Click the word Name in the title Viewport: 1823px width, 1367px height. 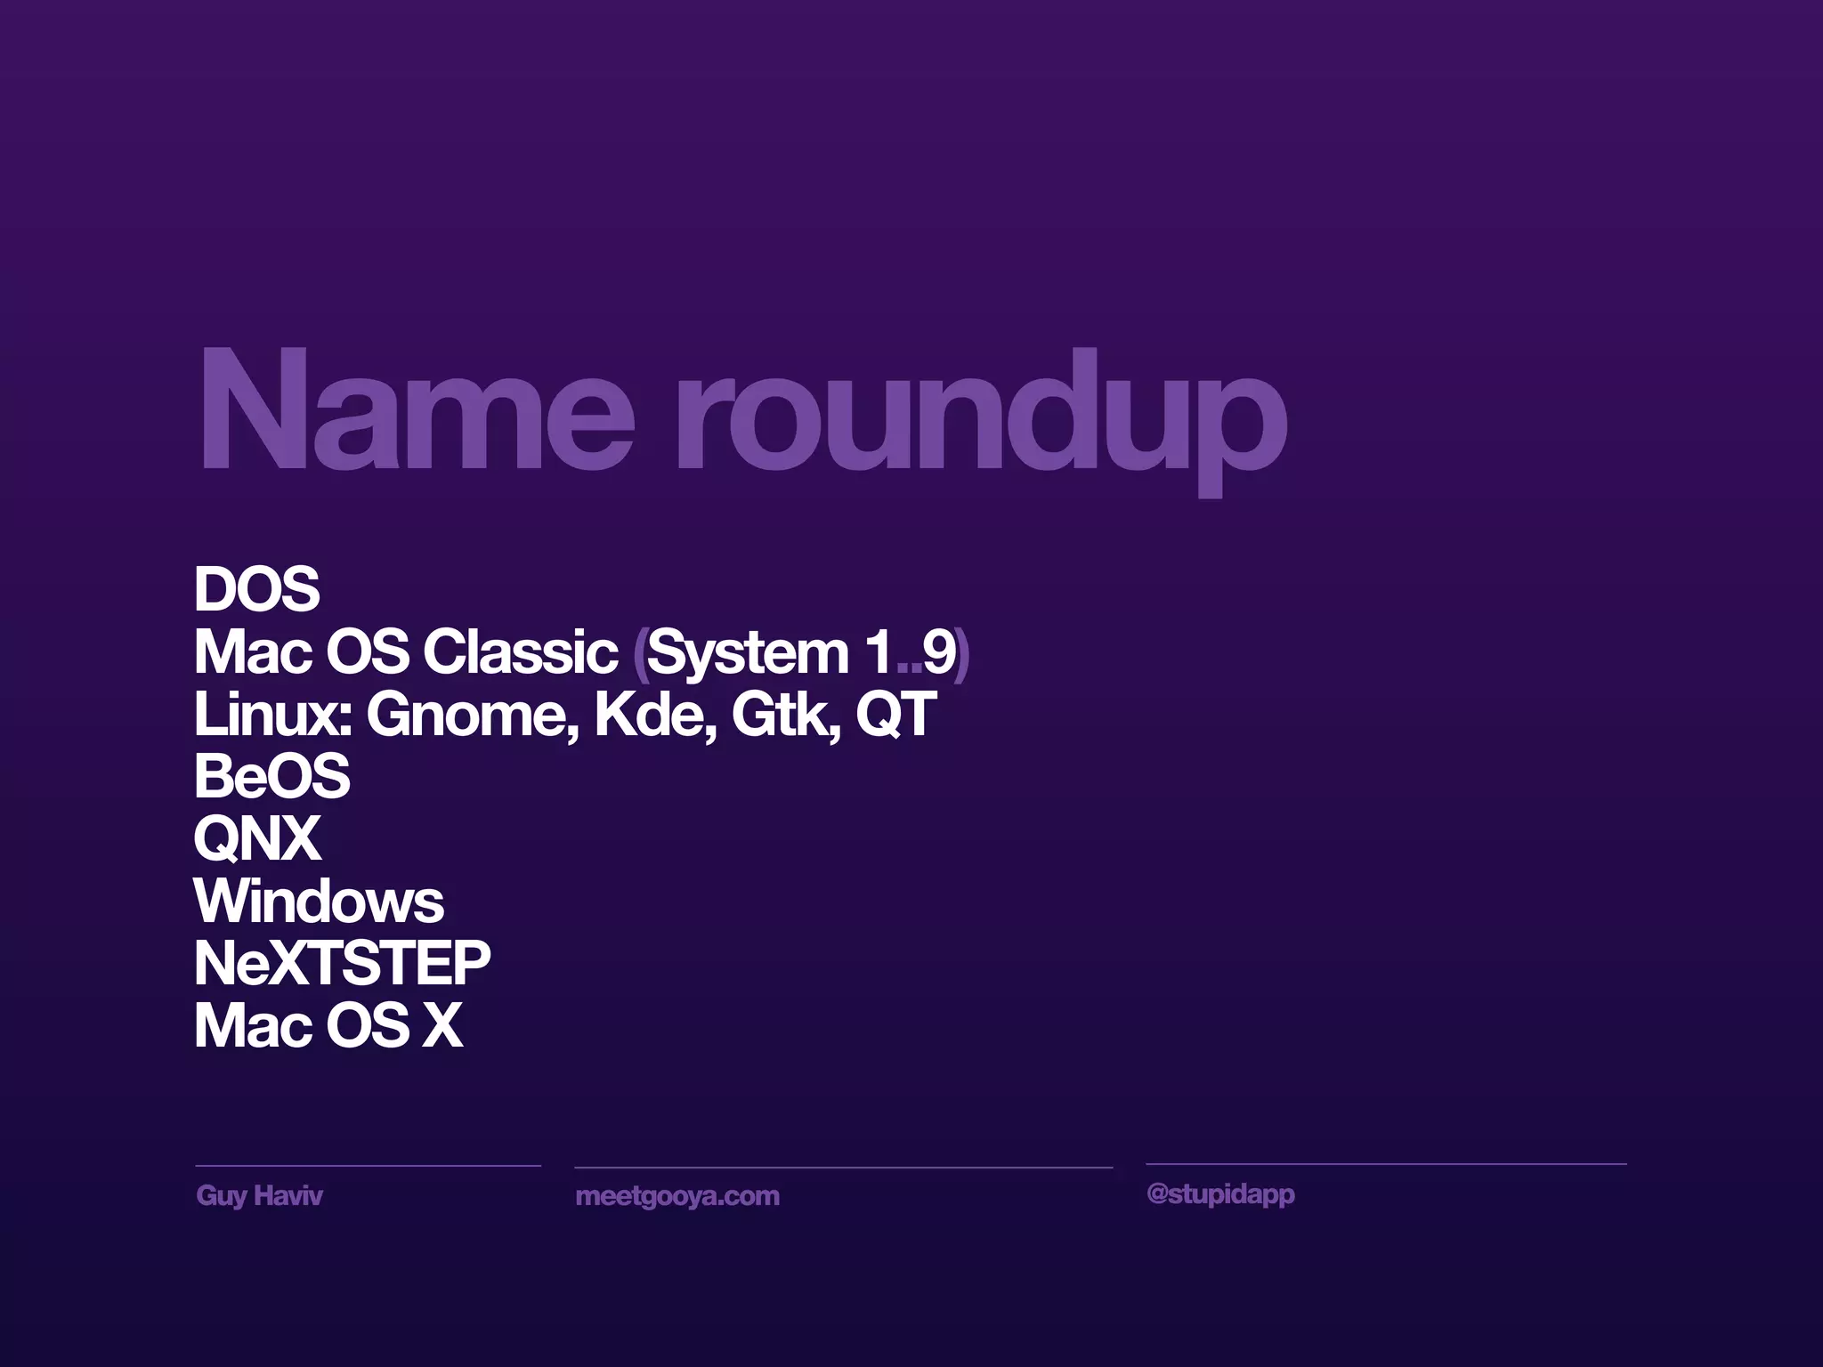tap(417, 409)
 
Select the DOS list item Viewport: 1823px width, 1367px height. tap(256, 589)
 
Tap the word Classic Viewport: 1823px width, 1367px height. tap(521, 651)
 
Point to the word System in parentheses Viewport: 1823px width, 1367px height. tap(748, 654)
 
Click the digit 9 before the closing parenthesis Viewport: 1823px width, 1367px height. tap(937, 652)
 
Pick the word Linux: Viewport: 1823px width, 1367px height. tap(272, 714)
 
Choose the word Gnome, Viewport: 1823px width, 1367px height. tap(472, 715)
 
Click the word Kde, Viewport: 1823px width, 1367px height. tap(655, 715)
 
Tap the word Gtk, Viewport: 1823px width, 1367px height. tap(785, 715)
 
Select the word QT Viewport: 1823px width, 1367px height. tap(895, 715)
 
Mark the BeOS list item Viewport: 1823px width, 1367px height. tap(271, 776)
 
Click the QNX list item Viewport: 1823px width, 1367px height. tap(257, 839)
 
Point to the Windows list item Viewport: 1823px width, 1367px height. tap(319, 902)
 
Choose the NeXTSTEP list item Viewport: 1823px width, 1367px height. tap(342, 963)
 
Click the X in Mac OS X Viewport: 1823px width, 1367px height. tap(442, 1026)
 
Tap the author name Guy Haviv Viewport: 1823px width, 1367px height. tap(259, 1195)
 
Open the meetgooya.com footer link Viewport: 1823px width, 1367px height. tap(677, 1196)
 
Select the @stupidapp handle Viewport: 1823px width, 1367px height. tap(1220, 1194)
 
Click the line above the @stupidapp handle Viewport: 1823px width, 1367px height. tap(1385, 1164)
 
